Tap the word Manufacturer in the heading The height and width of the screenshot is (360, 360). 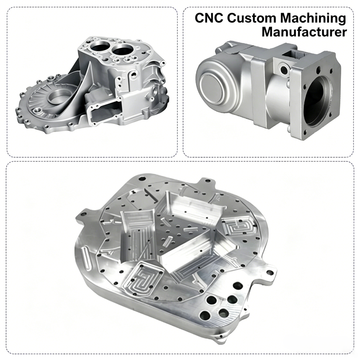point(304,32)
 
